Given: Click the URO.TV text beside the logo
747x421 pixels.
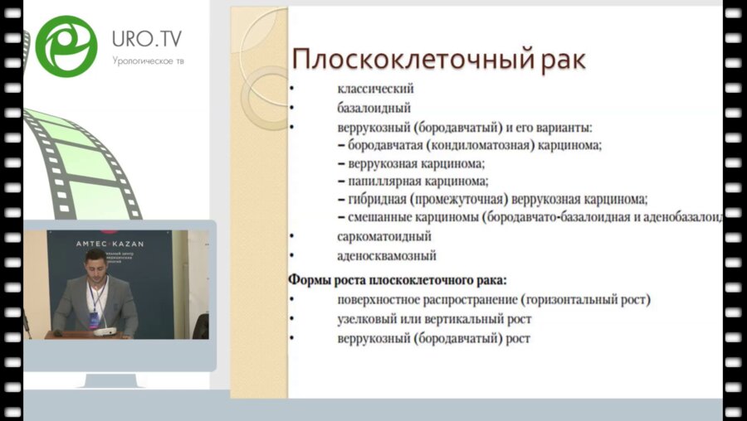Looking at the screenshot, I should pyautogui.click(x=148, y=38).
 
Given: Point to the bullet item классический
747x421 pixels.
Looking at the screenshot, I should pyautogui.click(x=375, y=89).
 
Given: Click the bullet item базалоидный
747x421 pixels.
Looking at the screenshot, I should pyautogui.click(x=374, y=108).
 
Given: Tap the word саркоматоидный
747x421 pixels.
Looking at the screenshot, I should pyautogui.click(x=384, y=236).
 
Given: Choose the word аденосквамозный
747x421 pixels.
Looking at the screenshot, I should pyautogui.click(x=387, y=256).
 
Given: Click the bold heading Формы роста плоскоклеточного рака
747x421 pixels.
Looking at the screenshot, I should pyautogui.click(x=397, y=278).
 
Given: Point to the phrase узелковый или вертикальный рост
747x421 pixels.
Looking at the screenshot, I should pyautogui.click(x=434, y=318).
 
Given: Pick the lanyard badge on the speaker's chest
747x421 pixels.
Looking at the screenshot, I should pyautogui.click(x=95, y=316).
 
